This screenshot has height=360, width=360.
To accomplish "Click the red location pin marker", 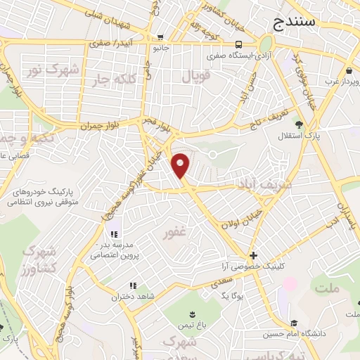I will (x=181, y=165).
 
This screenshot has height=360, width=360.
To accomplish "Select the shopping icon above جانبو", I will (x=161, y=38).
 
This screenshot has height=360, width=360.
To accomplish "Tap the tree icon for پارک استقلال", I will (x=299, y=124).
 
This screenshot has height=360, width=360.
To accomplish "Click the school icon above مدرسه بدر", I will (x=113, y=234).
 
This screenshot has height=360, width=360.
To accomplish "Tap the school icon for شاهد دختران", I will (x=131, y=286).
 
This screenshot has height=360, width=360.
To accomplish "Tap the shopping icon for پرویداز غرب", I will (x=349, y=70).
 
